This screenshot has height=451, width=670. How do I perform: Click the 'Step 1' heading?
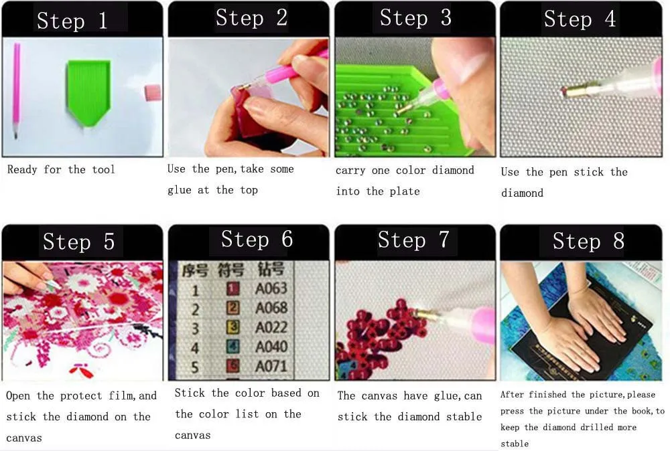72,21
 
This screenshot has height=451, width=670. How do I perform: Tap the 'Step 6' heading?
257,239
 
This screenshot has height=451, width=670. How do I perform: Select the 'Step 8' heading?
588,241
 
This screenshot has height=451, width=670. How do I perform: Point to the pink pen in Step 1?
16,90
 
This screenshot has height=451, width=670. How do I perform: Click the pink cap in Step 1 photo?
153,92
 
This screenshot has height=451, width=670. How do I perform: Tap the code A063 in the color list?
271,288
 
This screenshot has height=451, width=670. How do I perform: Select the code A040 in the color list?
271,347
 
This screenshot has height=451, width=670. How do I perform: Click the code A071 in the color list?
271,366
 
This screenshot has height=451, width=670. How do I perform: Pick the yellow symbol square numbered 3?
232,327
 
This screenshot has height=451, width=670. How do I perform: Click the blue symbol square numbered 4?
232,346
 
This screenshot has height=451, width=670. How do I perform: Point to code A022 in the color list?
271,327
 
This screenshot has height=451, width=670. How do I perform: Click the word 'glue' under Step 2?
180,190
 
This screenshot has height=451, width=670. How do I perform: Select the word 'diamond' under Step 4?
522,193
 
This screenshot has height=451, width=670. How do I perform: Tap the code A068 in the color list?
271,308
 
